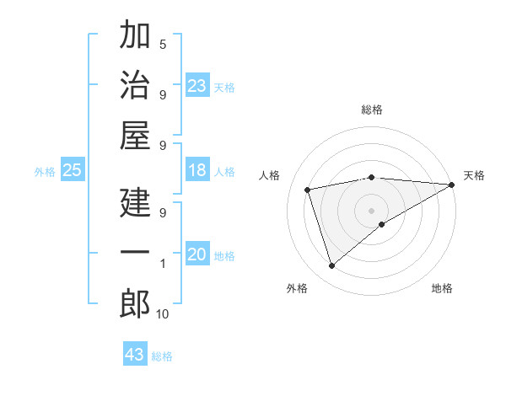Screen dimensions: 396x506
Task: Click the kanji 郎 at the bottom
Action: pos(135,303)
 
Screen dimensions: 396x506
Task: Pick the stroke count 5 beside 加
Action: pos(163,44)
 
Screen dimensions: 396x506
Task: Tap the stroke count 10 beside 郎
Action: pos(163,313)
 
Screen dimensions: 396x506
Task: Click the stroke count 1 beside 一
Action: pos(163,264)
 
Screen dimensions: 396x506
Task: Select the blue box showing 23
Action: pos(197,86)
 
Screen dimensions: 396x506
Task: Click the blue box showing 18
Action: pos(197,170)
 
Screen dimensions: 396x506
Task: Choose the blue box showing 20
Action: pos(197,254)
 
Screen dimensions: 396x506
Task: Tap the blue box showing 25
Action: pos(73,170)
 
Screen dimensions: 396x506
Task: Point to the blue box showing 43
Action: pos(135,355)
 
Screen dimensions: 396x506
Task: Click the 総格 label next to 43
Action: pos(162,356)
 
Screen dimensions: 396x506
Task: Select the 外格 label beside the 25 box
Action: pos(45,172)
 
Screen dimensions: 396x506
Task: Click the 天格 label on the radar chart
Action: pos(474,175)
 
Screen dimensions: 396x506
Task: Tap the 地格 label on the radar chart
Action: pos(442,288)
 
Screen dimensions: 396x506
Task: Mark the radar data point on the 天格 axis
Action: pos(452,185)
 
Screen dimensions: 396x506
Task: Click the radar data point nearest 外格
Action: pos(331,266)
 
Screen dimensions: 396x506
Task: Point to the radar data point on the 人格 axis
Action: pos(308,189)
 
